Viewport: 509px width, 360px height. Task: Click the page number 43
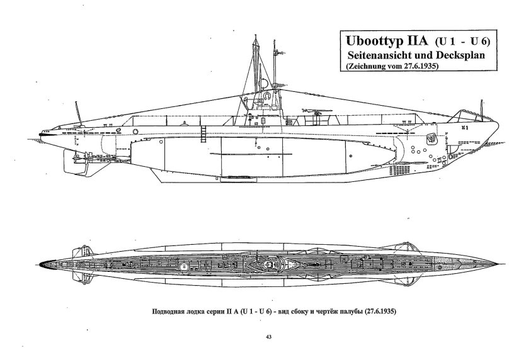tap(270, 337)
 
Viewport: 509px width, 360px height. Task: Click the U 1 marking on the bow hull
tap(464, 127)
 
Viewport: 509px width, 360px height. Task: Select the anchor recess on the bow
tap(432, 137)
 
